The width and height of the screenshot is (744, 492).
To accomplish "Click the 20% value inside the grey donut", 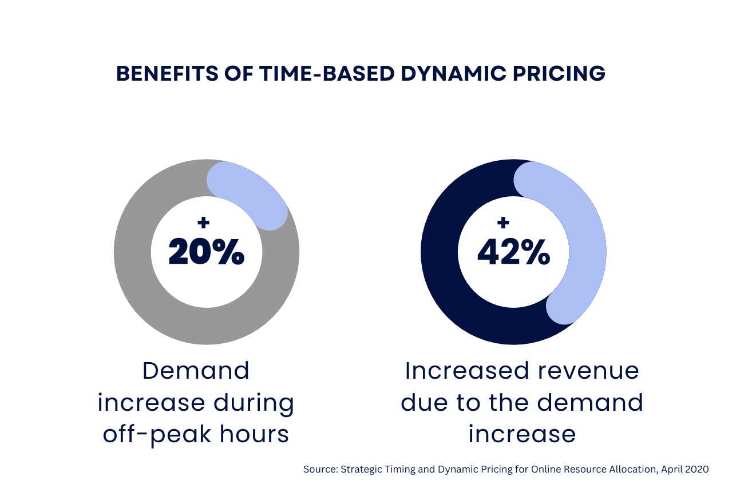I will click(207, 252).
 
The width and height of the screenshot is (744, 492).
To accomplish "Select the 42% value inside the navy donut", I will click(513, 252).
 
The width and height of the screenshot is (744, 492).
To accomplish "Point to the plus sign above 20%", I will click(203, 223).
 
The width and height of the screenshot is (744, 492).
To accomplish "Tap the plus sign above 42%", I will click(503, 223).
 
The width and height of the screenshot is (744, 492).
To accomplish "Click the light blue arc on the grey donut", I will click(252, 192).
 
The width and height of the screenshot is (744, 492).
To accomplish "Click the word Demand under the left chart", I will click(196, 371).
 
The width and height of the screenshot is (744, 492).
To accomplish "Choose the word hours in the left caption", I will click(260, 434).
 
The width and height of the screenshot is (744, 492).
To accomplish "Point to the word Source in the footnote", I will click(319, 469).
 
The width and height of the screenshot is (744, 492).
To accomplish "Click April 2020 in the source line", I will click(684, 469).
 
